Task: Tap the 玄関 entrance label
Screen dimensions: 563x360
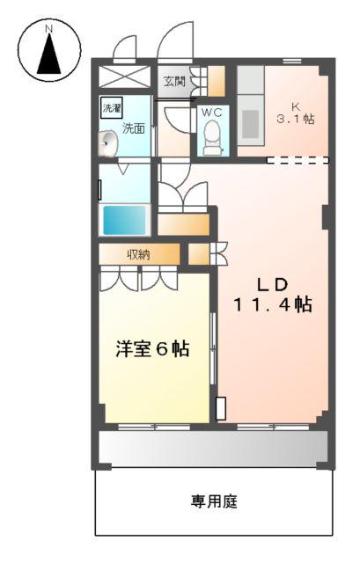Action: coord(174,82)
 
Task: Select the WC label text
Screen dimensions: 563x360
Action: coord(211,113)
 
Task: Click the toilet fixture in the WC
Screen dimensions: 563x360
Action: coord(211,137)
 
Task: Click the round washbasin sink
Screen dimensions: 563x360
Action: coord(109,142)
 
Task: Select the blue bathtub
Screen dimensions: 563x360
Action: coord(125,220)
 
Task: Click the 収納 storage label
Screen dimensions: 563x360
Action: coord(138,255)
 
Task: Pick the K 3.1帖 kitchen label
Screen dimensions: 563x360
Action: coord(294,110)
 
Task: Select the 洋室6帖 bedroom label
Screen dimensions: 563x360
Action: coord(152,348)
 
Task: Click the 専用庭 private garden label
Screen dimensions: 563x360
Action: coord(215,502)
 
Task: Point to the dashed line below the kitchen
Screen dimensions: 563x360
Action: coord(298,160)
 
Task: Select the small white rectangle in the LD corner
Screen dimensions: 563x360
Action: coord(220,409)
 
